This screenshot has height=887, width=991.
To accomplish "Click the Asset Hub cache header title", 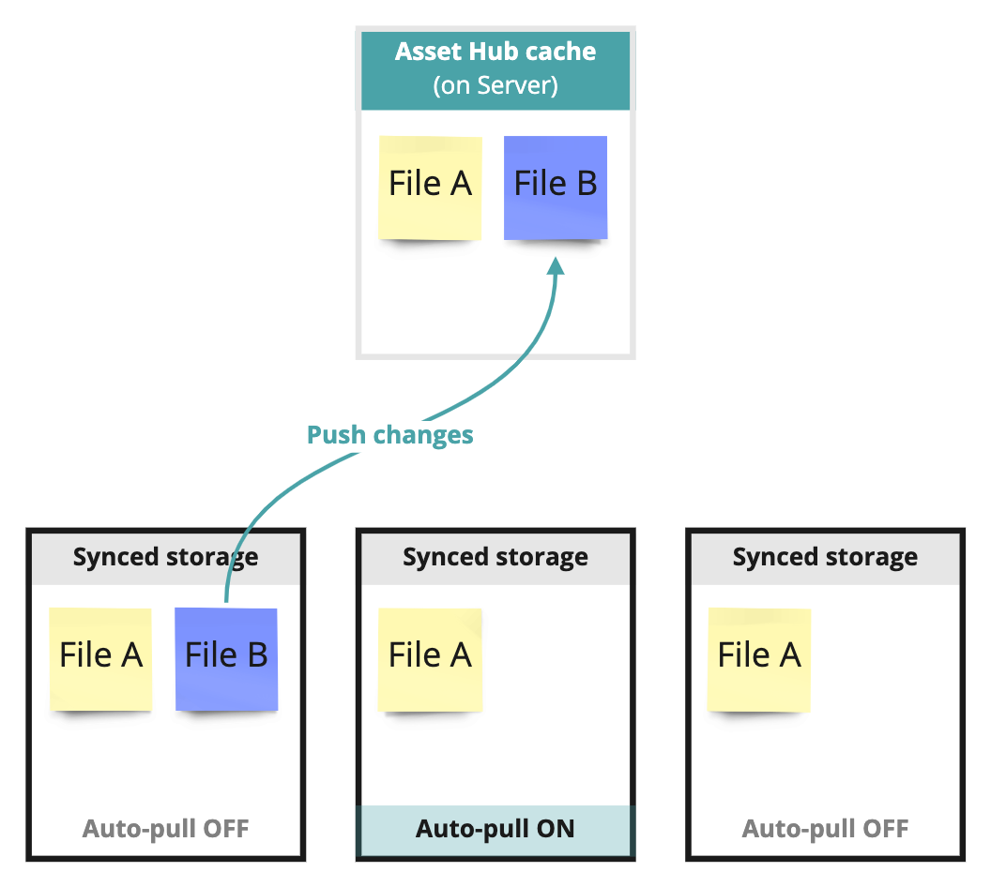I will [495, 51].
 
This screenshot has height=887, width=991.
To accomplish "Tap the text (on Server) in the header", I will [495, 85].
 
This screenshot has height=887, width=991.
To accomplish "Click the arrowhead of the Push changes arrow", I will [556, 266].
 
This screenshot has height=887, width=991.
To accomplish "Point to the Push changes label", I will [390, 435].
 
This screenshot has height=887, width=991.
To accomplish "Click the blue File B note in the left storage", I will [226, 658].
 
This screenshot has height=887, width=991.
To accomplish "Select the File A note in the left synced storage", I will [100, 658].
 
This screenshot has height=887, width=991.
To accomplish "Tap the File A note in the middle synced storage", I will [430, 658].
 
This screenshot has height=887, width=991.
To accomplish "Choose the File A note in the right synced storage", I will [759, 658].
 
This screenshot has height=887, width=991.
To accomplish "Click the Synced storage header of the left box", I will [165, 557].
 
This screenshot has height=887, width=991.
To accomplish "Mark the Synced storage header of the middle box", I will [495, 557].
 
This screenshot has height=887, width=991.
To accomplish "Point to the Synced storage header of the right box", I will [825, 557].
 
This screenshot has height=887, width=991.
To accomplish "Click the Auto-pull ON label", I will [495, 829].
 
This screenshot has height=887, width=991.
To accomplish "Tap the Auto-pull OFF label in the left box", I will [165, 829].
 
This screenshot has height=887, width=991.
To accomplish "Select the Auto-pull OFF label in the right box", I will [825, 829].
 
